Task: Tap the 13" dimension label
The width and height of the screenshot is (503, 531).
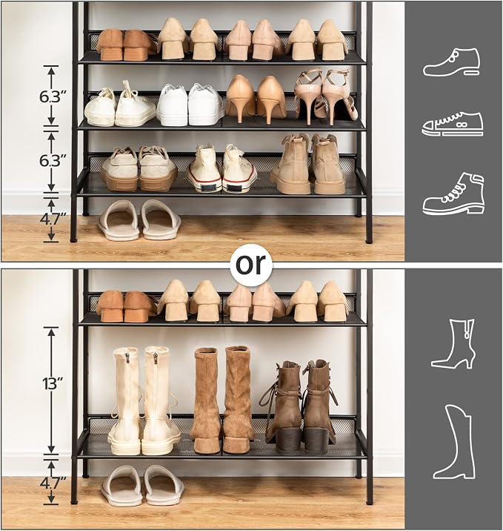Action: point(53,383)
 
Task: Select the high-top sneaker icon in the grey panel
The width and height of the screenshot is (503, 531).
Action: point(453,194)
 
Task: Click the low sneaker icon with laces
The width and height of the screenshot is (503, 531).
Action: point(453,124)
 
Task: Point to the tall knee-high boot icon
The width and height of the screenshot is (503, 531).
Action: point(455,441)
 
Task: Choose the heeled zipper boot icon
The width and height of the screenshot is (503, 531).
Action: point(453,343)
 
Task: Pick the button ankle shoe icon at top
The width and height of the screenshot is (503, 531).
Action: point(452,62)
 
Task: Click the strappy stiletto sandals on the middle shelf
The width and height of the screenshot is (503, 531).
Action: point(322,96)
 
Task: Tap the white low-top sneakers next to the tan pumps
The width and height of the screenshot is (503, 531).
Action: point(190,105)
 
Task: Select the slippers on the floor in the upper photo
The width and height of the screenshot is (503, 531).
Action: point(140,220)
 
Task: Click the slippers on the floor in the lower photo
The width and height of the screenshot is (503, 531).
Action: point(142,485)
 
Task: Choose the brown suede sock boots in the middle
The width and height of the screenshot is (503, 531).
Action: point(222,400)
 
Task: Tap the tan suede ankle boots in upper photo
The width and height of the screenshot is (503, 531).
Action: point(308,164)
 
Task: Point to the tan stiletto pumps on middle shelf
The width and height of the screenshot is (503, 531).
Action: point(256,99)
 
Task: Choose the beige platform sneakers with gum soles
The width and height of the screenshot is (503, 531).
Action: point(139,168)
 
